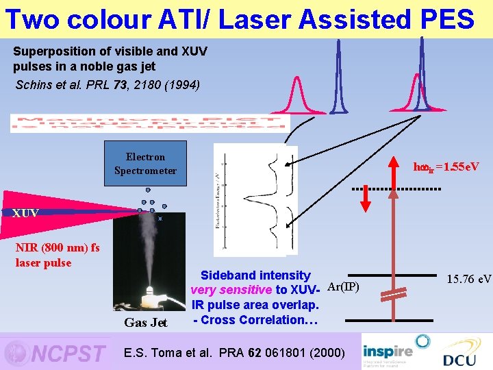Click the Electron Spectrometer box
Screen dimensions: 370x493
point(145,164)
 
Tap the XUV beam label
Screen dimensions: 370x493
point(25,213)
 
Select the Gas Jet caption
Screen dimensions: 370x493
point(145,323)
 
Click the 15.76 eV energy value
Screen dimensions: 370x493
point(469,279)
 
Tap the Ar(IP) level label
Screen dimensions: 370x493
point(342,286)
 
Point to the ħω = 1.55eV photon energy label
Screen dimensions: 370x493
point(446,167)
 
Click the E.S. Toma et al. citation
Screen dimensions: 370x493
point(233,352)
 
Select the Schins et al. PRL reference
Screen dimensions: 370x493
point(108,85)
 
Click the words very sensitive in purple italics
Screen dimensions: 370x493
point(231,290)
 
